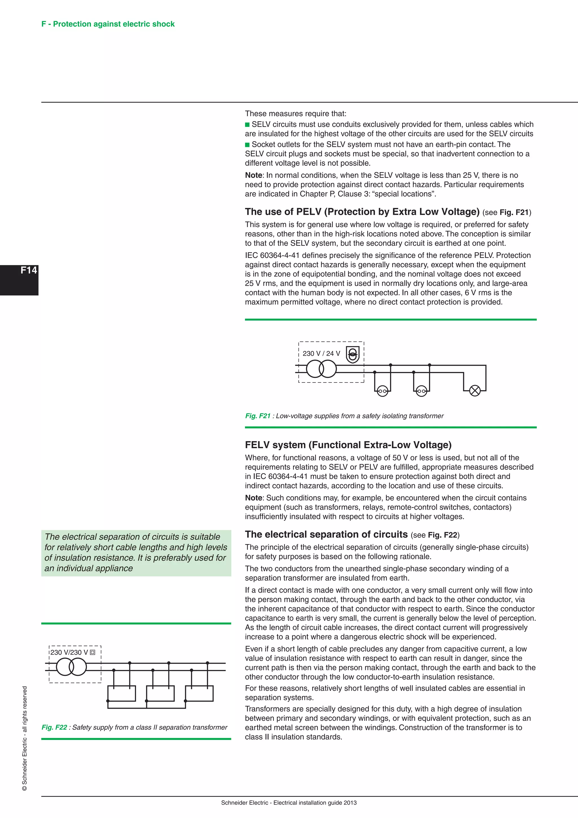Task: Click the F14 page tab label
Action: coord(29,270)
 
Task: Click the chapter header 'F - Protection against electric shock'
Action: coord(108,24)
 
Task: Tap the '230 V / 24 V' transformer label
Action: coord(321,353)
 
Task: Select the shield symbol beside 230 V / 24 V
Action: coord(352,354)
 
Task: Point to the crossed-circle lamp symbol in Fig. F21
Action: coord(475,391)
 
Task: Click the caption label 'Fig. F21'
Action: coord(258,416)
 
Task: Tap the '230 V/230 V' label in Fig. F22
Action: coord(69,652)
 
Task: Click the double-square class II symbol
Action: coord(93,652)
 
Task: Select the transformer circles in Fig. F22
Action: coord(71,667)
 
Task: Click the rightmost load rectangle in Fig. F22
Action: coord(199,693)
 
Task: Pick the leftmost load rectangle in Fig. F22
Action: coord(122,693)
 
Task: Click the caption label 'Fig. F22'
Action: coord(54,727)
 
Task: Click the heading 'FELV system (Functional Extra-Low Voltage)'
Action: coord(348,445)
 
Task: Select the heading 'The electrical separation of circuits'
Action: coord(326,534)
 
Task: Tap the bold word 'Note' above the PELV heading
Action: coord(253,175)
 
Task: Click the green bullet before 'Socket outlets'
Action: coord(247,145)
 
